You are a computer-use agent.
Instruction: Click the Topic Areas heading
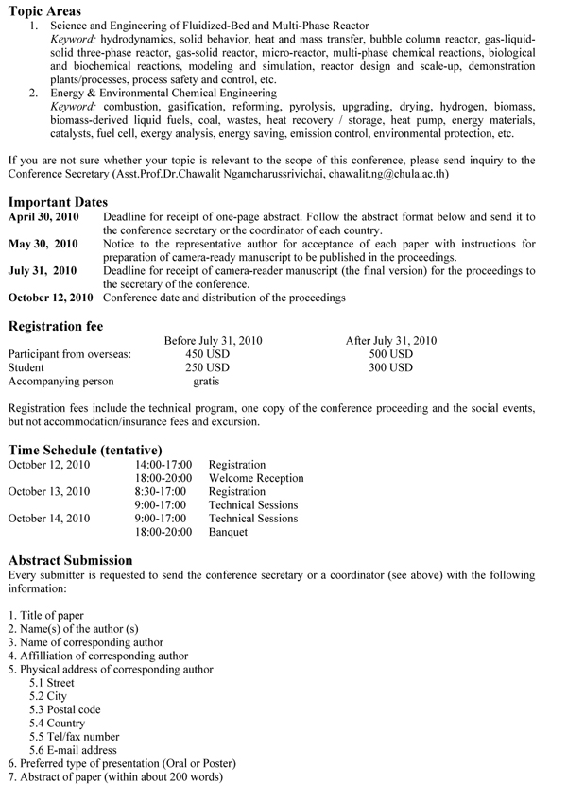click(x=45, y=9)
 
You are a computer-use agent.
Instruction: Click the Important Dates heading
click(x=58, y=201)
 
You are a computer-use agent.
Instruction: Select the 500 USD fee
click(x=391, y=354)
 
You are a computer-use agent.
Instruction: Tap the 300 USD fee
click(x=391, y=367)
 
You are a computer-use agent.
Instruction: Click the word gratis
click(x=206, y=382)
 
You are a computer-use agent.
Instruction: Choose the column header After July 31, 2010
click(x=391, y=341)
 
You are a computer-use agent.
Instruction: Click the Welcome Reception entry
click(x=256, y=478)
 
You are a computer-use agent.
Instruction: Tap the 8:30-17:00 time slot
click(x=161, y=491)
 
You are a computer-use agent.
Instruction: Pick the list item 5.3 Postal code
click(x=65, y=709)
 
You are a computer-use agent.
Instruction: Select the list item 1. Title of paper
click(x=45, y=616)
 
